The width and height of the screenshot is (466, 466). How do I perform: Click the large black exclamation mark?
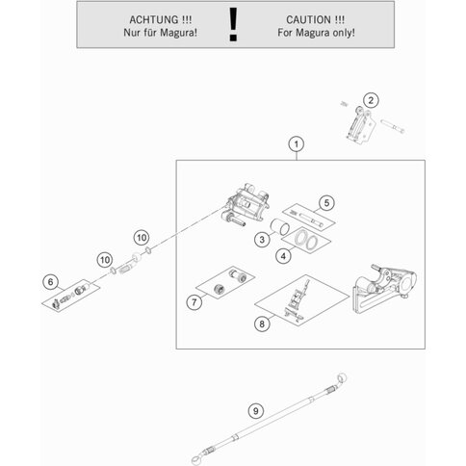tap(233, 24)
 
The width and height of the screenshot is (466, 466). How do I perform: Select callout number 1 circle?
tap(297, 144)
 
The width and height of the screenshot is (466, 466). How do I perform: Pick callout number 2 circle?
tap(371, 100)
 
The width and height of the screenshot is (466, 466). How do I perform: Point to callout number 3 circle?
tap(262, 239)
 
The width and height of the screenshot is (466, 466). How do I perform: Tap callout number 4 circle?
tap(283, 256)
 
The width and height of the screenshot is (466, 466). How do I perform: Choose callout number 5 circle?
tap(326, 203)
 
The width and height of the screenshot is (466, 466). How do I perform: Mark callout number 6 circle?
tap(50, 282)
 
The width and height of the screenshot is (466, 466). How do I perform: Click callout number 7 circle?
tap(194, 302)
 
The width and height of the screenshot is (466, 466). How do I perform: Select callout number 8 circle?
tap(262, 324)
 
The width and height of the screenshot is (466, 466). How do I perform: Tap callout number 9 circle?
tap(255, 411)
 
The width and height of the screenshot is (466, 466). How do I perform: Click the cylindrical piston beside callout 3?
tap(279, 226)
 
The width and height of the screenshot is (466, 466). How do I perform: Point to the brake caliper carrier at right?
tap(383, 288)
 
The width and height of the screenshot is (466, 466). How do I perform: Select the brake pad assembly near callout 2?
tap(359, 124)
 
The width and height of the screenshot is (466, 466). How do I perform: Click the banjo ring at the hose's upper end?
tap(343, 377)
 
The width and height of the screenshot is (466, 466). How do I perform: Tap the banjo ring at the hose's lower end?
tap(195, 461)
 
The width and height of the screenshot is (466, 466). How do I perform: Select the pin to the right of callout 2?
tap(392, 125)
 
